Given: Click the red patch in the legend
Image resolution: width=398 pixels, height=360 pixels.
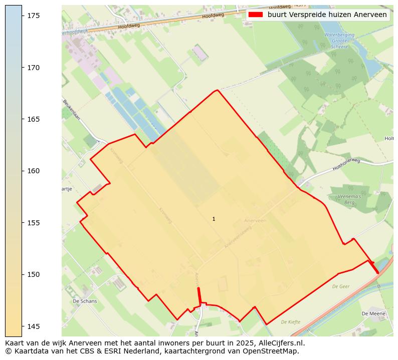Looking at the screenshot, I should [x=256, y=15].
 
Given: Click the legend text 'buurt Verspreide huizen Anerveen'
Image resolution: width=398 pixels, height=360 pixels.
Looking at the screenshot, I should [x=327, y=15].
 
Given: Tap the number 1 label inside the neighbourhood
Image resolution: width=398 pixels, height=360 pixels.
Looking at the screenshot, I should [x=214, y=219].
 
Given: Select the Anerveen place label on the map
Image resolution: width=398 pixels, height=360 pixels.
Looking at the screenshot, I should [x=254, y=220].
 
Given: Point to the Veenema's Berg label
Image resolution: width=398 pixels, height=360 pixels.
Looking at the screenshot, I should [x=349, y=199].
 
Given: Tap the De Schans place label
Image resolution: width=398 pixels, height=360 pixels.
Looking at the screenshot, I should [x=85, y=301].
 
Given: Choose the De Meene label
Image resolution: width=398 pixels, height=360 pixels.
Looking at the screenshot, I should [x=373, y=313].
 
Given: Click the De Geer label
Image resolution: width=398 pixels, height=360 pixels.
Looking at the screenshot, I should [x=340, y=287].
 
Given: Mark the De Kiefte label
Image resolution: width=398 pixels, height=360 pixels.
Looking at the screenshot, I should [x=290, y=322].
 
